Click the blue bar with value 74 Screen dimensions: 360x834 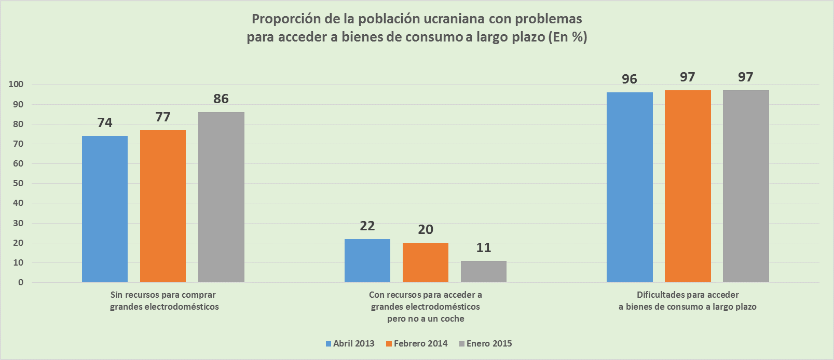105,209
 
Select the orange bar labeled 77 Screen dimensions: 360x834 163,206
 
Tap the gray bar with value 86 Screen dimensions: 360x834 221,197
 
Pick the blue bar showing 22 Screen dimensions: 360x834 367,260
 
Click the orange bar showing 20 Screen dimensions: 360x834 426,262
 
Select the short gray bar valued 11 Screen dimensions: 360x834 484,271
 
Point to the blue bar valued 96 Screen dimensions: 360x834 630,187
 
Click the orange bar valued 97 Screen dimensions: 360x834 688,186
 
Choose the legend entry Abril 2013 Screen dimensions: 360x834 350,343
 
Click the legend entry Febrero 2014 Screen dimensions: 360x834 418,343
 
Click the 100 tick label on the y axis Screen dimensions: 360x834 16,84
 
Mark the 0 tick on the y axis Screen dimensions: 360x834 21,283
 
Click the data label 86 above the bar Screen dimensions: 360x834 221,99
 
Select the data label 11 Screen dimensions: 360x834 484,247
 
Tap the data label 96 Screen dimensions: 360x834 630,79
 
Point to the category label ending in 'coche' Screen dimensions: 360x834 426,319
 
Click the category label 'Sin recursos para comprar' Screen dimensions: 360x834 163,295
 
